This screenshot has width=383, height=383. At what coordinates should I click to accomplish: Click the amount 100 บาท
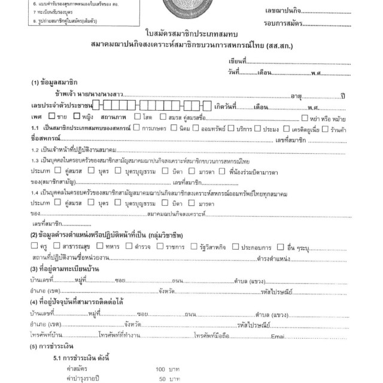(x=168, y=369)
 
